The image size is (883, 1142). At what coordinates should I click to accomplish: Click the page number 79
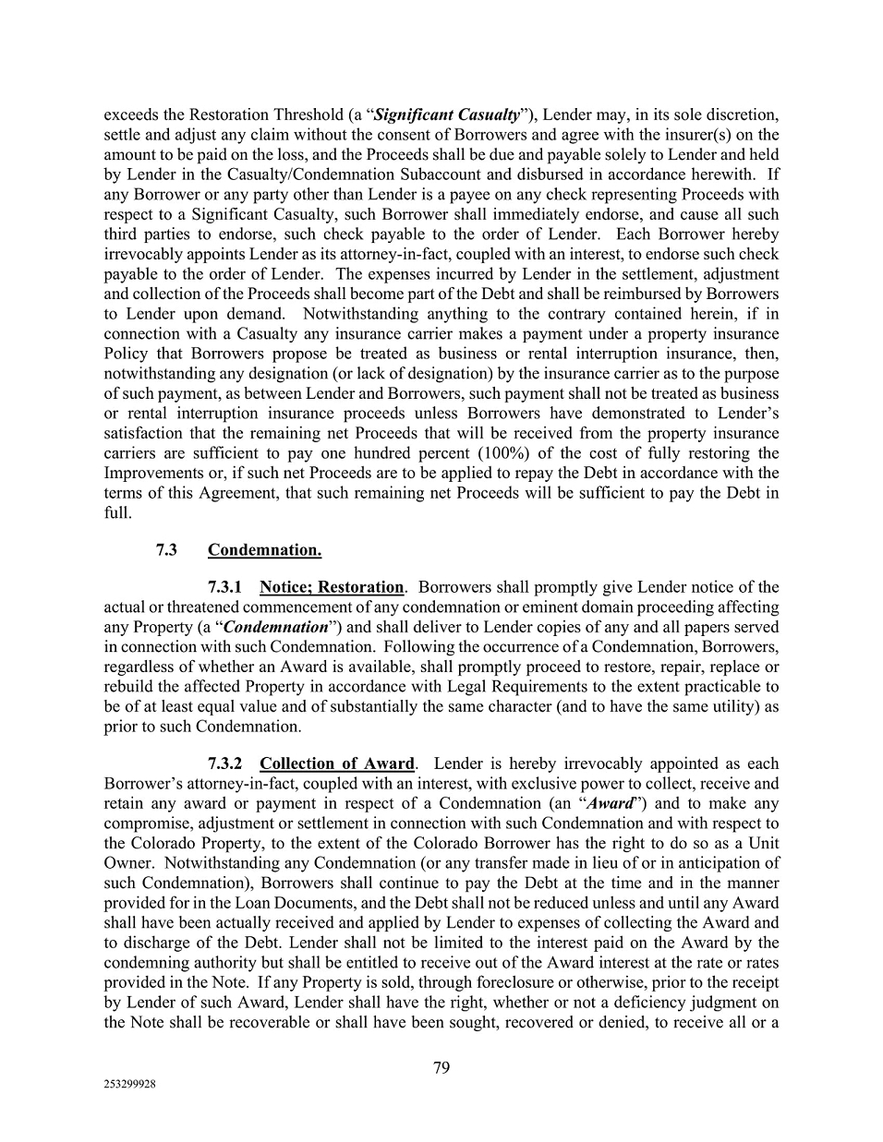pyautogui.click(x=441, y=1068)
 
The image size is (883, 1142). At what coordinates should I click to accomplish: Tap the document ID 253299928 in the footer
pyautogui.click(x=129, y=1086)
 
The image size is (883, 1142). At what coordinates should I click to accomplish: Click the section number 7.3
pyautogui.click(x=166, y=550)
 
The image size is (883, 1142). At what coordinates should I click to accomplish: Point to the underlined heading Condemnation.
pyautogui.click(x=264, y=550)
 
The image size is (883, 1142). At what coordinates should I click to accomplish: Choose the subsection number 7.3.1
pyautogui.click(x=225, y=587)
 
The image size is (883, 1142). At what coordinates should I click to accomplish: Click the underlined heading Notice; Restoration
pyautogui.click(x=332, y=587)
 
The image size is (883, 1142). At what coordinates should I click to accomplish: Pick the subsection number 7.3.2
pyautogui.click(x=225, y=763)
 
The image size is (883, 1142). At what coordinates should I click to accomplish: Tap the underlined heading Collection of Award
pyautogui.click(x=337, y=763)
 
